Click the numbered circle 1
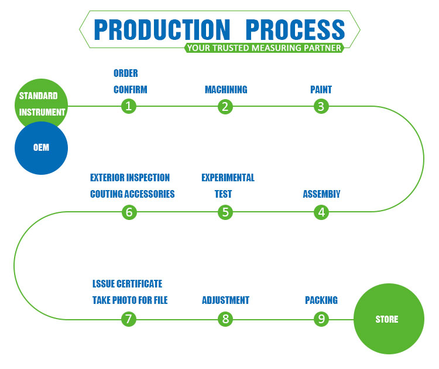129,106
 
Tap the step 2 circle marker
225,106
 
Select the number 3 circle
320,106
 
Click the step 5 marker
225,212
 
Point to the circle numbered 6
129,212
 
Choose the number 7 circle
129,319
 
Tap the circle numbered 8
225,319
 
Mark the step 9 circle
321,319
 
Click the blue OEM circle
41,148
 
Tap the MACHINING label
225,90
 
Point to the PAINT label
321,90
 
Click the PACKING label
321,300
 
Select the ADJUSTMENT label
225,300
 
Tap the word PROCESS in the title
294,29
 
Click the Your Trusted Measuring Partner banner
263,48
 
